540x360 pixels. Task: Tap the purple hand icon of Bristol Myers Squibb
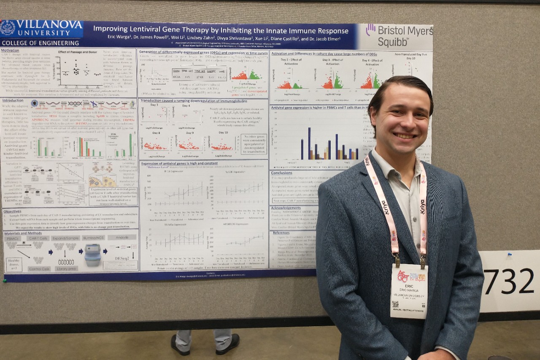pyautogui.click(x=370, y=29)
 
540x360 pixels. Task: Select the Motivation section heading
pyautogui.click(x=10, y=50)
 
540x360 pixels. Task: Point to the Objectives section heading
pyautogui.click(x=12, y=211)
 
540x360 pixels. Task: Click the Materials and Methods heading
pyautogui.click(x=23, y=233)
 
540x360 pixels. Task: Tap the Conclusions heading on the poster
pyautogui.click(x=282, y=173)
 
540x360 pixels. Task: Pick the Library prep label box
pyautogui.click(x=67, y=268)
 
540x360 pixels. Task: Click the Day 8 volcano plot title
pyautogui.click(x=156, y=133)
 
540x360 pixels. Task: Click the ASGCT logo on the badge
pyautogui.click(x=403, y=276)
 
